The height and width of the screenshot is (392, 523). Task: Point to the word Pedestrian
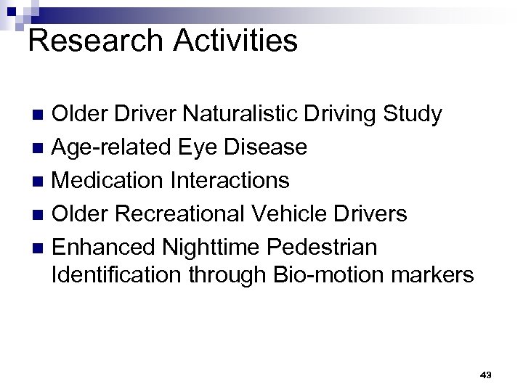[323, 247]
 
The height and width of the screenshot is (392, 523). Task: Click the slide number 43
[486, 375]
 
